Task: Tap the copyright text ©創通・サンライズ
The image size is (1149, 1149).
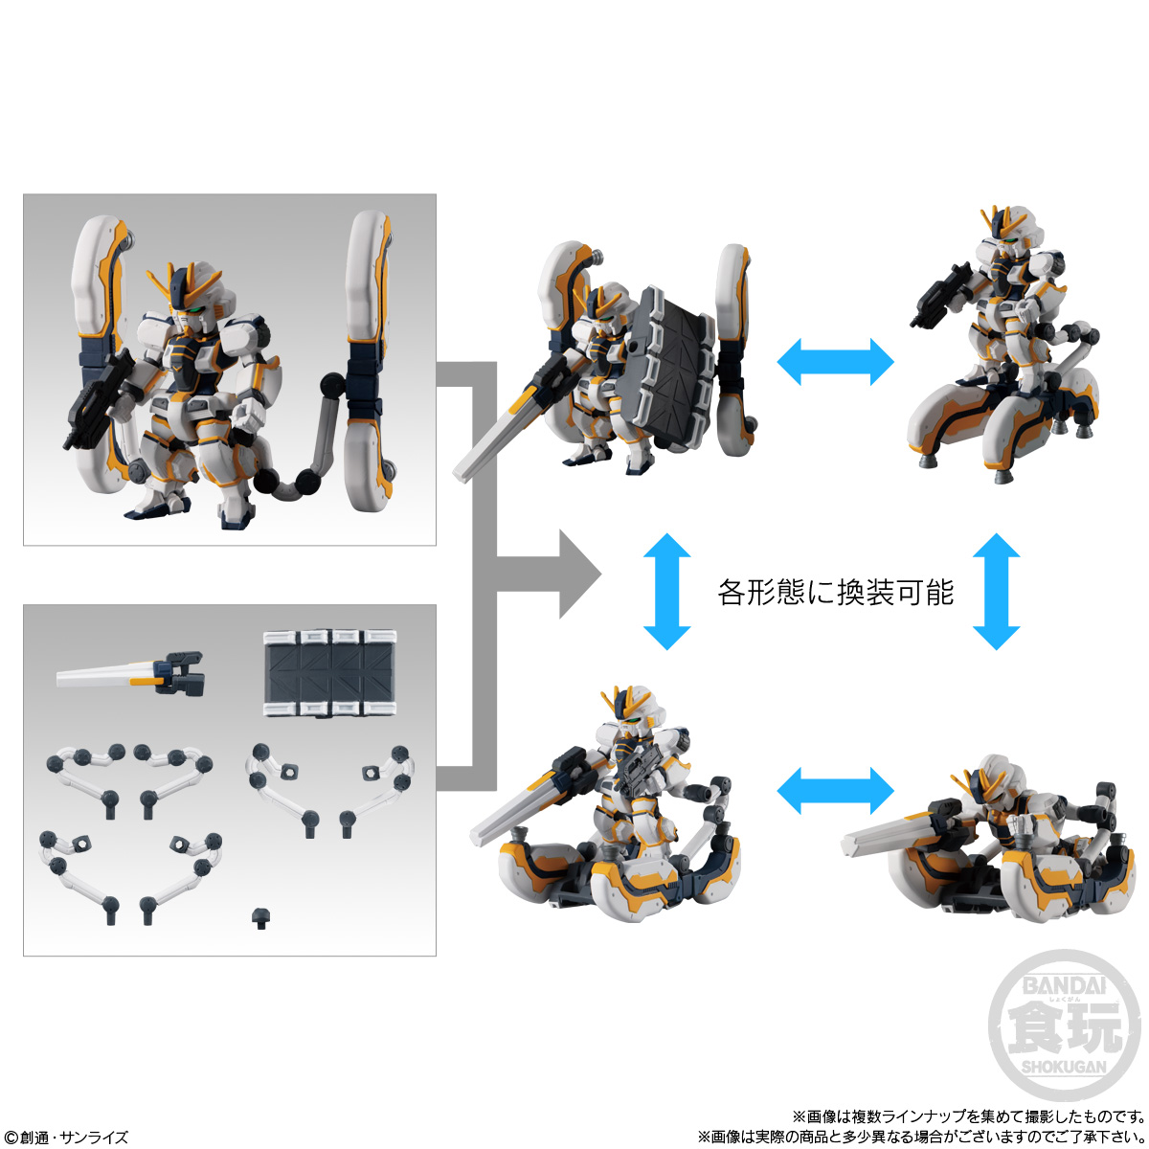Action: pyautogui.click(x=65, y=1137)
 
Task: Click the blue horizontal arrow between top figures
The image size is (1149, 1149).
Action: pyautogui.click(x=834, y=363)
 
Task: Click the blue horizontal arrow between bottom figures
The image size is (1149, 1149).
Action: pyautogui.click(x=834, y=789)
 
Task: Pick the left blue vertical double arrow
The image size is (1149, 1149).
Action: pyautogui.click(x=666, y=592)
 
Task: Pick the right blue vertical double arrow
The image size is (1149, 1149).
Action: pyautogui.click(x=996, y=592)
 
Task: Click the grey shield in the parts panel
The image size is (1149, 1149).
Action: pyautogui.click(x=329, y=673)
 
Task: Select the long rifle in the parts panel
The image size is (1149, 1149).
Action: pyautogui.click(x=129, y=674)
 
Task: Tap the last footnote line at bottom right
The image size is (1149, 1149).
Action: pyautogui.click(x=920, y=1137)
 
